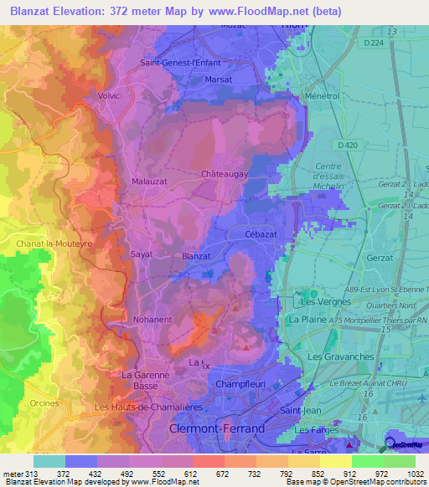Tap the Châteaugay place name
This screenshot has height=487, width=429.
(222, 174)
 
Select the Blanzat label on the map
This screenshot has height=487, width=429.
(195, 257)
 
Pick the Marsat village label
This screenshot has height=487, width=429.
(219, 80)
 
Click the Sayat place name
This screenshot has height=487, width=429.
(141, 253)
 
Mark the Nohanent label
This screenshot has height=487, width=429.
(152, 320)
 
